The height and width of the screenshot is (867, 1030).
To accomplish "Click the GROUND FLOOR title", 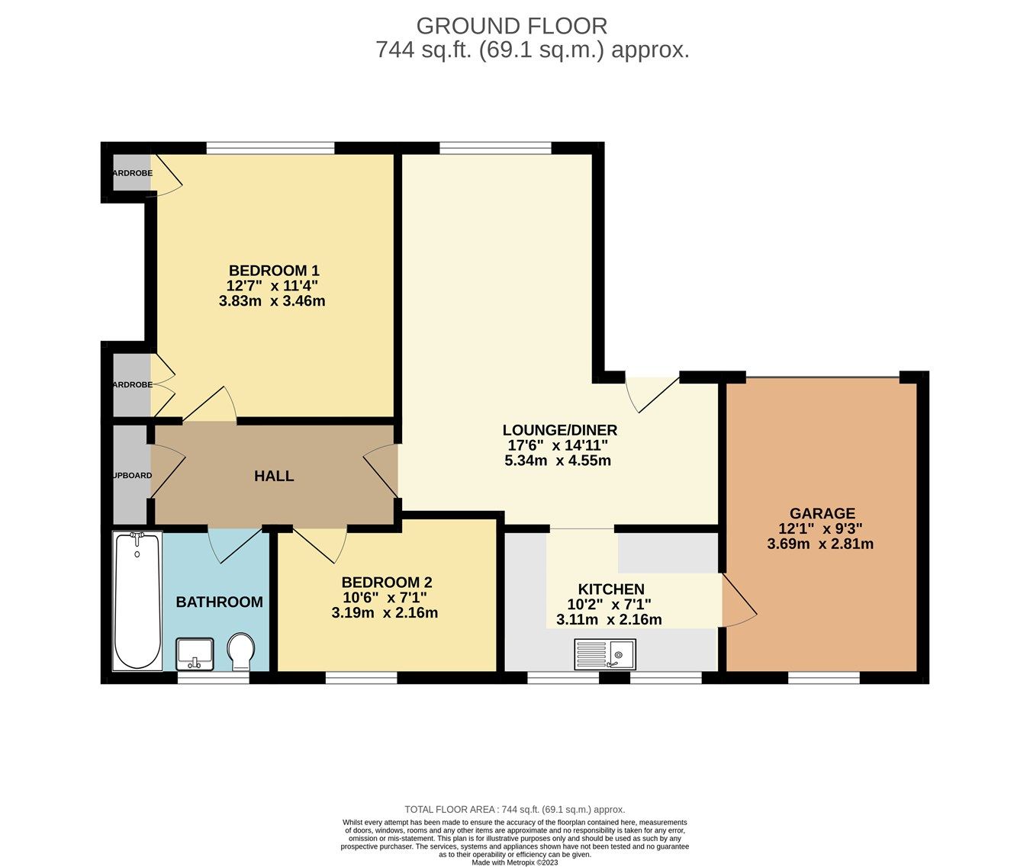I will (511, 26).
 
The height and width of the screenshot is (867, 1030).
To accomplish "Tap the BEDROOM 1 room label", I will (274, 271).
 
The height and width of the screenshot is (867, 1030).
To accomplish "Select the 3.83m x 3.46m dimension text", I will (272, 301).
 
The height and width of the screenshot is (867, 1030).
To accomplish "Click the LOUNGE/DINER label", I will (559, 430).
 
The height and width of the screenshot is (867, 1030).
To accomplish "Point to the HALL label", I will (274, 477).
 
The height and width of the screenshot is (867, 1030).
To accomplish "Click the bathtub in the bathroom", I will (137, 601).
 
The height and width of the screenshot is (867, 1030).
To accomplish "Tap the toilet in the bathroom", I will (242, 652).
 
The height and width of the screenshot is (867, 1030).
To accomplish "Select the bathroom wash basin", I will (195, 653).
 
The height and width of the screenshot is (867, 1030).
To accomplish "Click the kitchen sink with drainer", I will (604, 654).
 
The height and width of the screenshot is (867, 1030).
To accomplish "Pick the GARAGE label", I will (822, 514).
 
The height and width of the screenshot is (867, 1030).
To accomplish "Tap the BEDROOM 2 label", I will (387, 583).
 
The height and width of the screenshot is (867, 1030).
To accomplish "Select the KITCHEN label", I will (611, 589).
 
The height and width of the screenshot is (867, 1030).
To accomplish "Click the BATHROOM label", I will (219, 602).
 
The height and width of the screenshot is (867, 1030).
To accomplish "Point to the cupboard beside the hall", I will (130, 475).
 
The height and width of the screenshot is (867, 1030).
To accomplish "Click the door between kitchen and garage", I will (737, 602).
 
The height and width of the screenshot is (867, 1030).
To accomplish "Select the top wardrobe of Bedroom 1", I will (130, 174).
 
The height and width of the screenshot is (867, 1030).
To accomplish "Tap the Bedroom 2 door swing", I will (320, 543).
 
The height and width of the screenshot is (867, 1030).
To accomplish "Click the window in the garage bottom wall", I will (823, 677).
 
